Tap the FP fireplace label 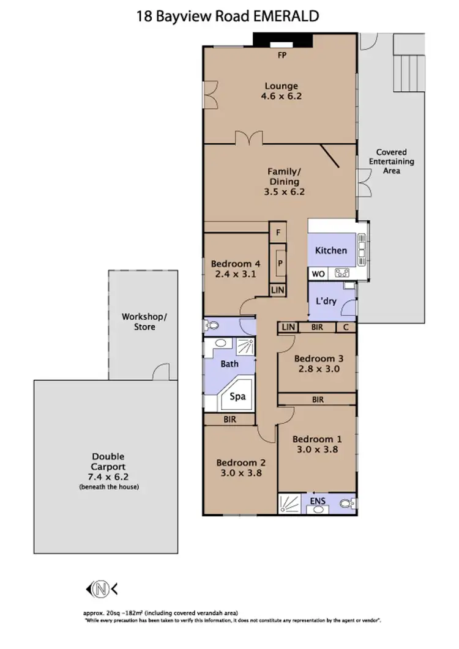pos(282,56)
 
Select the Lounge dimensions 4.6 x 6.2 pos(282,96)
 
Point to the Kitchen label pos(330,250)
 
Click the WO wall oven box pos(318,274)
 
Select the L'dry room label pos(326,302)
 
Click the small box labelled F pos(278,232)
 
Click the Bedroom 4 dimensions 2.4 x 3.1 pos(236,274)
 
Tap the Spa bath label pos(237,396)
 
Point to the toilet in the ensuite pos(348,504)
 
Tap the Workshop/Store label pos(143,322)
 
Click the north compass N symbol pos(99,589)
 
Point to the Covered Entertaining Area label pos(391,161)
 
